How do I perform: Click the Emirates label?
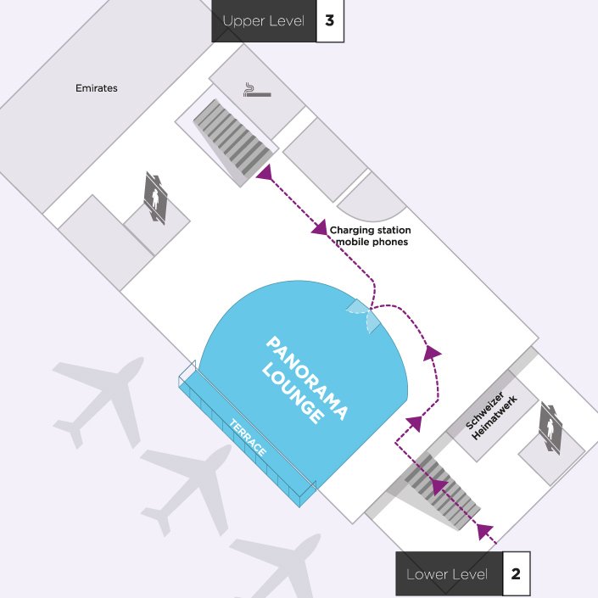[97, 88]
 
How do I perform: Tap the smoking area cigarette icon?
[257, 90]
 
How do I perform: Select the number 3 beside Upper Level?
[330, 20]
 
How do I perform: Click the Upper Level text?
[264, 21]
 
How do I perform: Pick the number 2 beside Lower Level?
[516, 573]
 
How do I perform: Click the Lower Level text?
[447, 574]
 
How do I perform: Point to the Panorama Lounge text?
[305, 380]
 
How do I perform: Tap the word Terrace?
[248, 438]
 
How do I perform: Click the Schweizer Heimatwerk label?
[491, 416]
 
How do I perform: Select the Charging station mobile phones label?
[371, 236]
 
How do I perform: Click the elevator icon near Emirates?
[155, 198]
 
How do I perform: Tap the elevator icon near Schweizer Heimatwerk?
[550, 428]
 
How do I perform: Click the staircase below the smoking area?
[233, 137]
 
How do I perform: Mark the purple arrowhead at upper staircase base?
[265, 172]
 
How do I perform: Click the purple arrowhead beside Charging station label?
[320, 227]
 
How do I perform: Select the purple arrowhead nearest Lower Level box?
[484, 531]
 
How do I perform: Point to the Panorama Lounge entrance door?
[363, 316]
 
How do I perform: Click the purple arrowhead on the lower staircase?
[439, 486]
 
